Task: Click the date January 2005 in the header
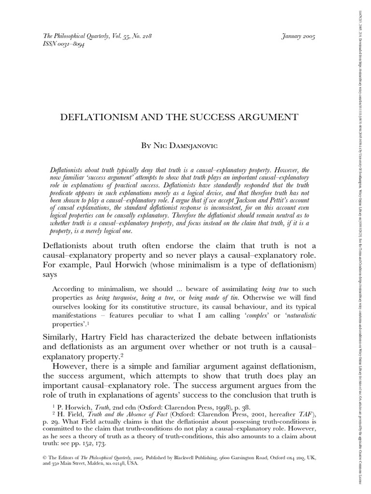297,37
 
